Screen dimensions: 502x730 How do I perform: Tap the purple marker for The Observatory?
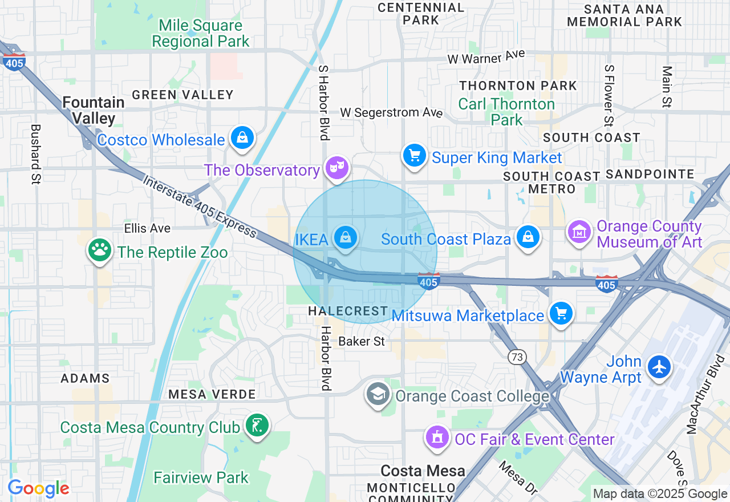[337, 168]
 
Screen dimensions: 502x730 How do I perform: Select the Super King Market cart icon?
[415, 156]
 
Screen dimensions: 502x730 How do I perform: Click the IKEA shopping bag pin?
[346, 238]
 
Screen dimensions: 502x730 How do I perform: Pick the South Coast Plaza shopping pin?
[528, 237]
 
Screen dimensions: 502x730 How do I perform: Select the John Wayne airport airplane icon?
[659, 366]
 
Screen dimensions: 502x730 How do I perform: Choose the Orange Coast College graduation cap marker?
[378, 394]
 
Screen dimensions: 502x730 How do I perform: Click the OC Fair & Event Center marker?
[437, 438]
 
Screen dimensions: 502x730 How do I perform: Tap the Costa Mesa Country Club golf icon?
[257, 426]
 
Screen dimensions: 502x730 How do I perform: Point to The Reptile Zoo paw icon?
[100, 250]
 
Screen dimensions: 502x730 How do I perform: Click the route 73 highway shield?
[517, 357]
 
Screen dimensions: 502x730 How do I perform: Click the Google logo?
[38, 488]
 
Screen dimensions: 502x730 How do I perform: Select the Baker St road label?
[362, 342]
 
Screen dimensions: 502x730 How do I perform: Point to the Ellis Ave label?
[147, 228]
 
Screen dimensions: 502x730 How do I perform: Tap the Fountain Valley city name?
[94, 110]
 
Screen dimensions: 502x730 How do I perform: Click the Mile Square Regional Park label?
[201, 34]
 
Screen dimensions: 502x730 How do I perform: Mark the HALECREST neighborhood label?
[348, 311]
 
